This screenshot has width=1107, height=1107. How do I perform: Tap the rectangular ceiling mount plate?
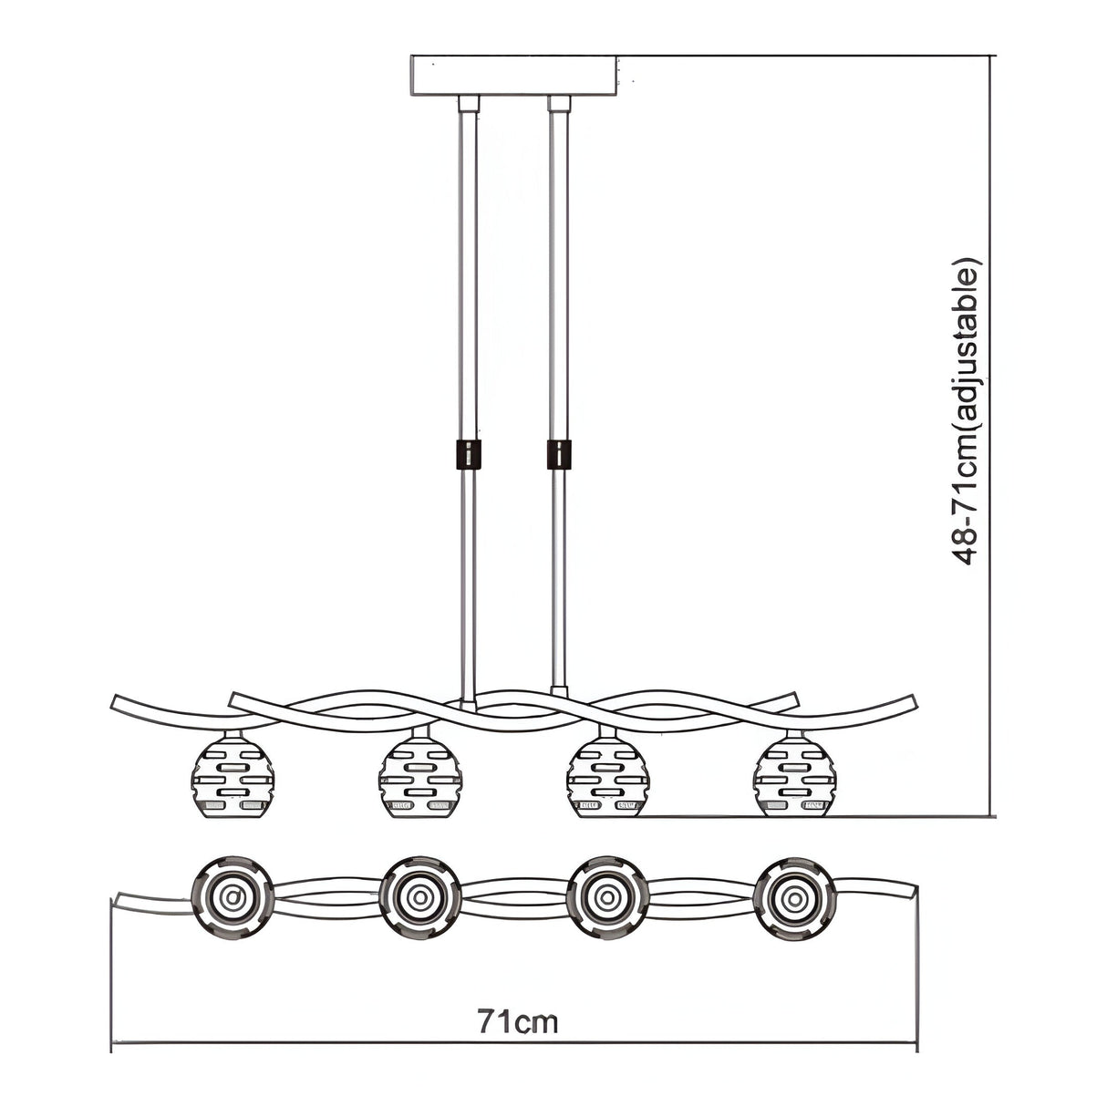click(x=514, y=74)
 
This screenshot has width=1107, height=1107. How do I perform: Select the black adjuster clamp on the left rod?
click(x=468, y=454)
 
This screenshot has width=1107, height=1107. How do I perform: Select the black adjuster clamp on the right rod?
click(x=559, y=454)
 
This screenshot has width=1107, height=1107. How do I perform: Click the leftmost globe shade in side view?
click(x=233, y=778)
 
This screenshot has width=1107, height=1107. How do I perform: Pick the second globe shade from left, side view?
click(x=419, y=778)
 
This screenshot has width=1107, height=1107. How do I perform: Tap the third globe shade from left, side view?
click(x=607, y=778)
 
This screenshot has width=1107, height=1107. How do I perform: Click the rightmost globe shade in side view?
click(x=794, y=778)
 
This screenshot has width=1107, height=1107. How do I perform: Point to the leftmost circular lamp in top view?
click(x=233, y=898)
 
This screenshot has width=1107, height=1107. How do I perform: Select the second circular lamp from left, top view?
click(x=420, y=898)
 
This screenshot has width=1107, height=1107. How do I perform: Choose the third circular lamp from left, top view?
click(x=607, y=898)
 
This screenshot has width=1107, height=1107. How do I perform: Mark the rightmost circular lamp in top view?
click(x=795, y=898)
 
